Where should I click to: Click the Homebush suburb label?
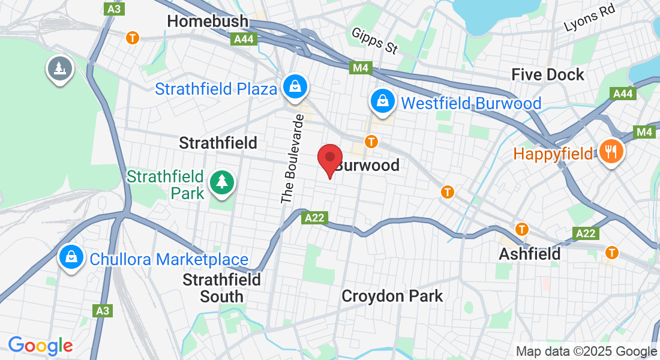tap(207, 22)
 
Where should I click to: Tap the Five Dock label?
tap(547, 74)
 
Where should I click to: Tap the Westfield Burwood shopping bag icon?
tap(382, 101)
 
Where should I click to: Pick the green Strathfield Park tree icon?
tap(222, 181)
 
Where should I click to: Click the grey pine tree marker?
tap(59, 68)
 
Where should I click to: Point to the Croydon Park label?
tap(392, 296)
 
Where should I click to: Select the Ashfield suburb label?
tap(530, 254)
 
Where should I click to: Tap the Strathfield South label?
tap(221, 288)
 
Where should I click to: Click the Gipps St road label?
tap(375, 41)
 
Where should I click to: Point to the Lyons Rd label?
tap(590, 22)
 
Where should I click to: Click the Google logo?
tap(40, 346)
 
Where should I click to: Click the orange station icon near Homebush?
tap(133, 37)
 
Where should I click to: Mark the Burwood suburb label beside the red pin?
tap(367, 165)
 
